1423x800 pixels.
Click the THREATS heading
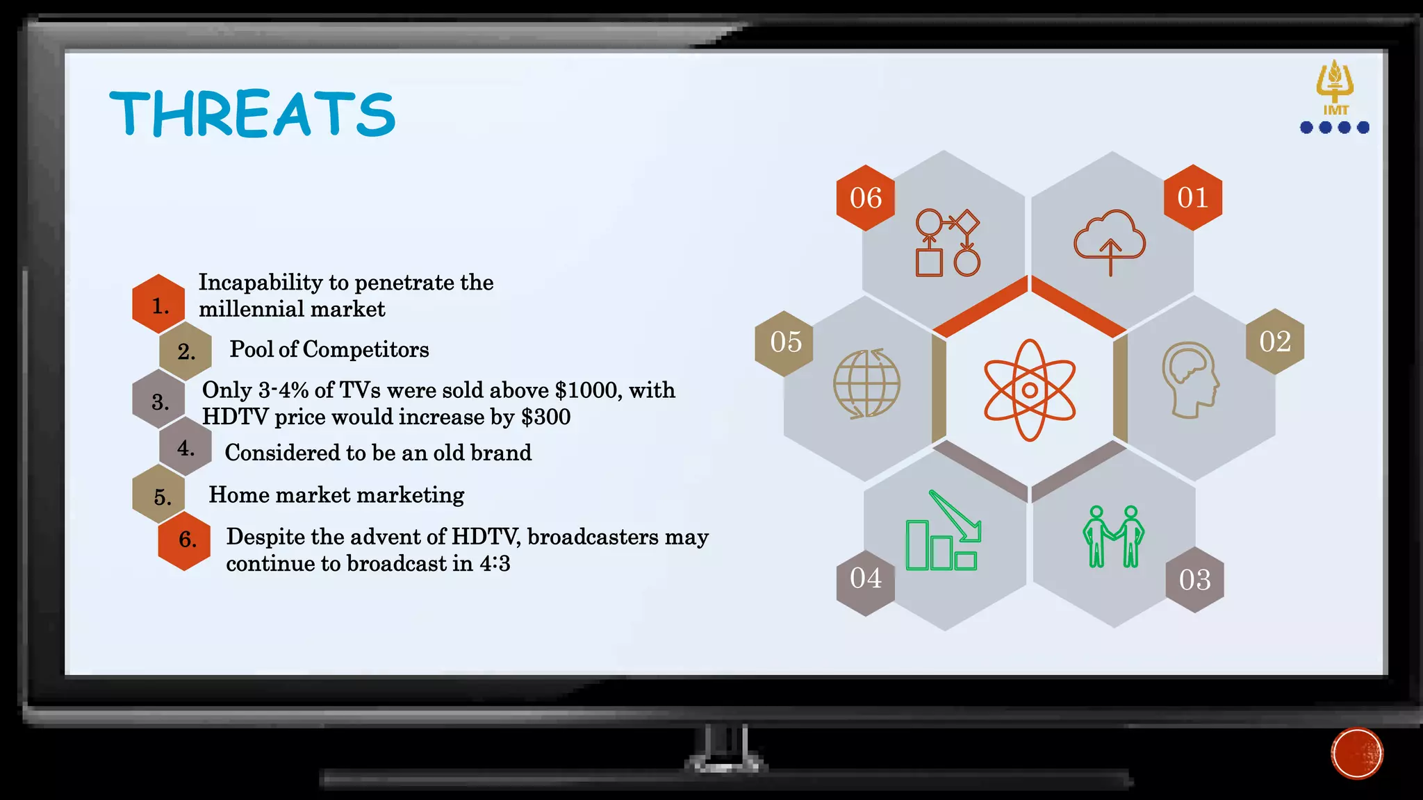click(252, 113)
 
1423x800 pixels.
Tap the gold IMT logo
click(1335, 87)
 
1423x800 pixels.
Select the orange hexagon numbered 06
click(865, 198)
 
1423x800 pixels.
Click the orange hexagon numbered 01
click(1193, 198)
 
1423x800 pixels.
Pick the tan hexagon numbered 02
click(1275, 342)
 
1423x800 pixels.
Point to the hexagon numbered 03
click(1194, 580)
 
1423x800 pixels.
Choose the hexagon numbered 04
click(865, 578)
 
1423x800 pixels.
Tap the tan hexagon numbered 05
click(785, 342)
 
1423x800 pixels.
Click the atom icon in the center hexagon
click(1030, 390)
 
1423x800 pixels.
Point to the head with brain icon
click(1190, 380)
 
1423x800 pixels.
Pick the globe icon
click(866, 383)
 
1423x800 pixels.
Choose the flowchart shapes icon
click(948, 243)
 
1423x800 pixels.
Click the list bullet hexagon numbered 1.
click(159, 305)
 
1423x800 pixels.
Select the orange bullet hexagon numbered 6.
click(185, 540)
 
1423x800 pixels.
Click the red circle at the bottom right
click(1357, 753)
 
